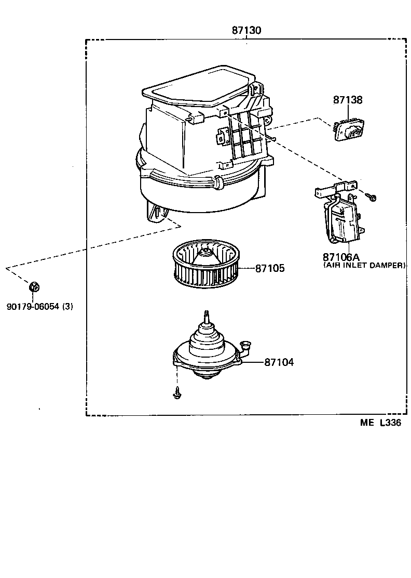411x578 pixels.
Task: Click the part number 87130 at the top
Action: coord(246,31)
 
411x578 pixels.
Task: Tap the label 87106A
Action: coord(341,257)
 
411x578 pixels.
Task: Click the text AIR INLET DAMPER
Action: coord(364,265)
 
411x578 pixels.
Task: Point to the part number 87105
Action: coord(269,269)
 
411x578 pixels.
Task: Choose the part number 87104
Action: coord(279,362)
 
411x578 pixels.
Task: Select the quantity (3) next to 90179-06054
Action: coord(67,307)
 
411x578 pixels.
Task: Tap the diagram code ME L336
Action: coord(380,423)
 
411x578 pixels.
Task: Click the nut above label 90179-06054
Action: coord(34,286)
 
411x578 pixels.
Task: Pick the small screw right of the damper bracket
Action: coord(372,196)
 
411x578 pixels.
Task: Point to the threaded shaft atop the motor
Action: coord(207,316)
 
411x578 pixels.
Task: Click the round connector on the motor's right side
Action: coord(245,345)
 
